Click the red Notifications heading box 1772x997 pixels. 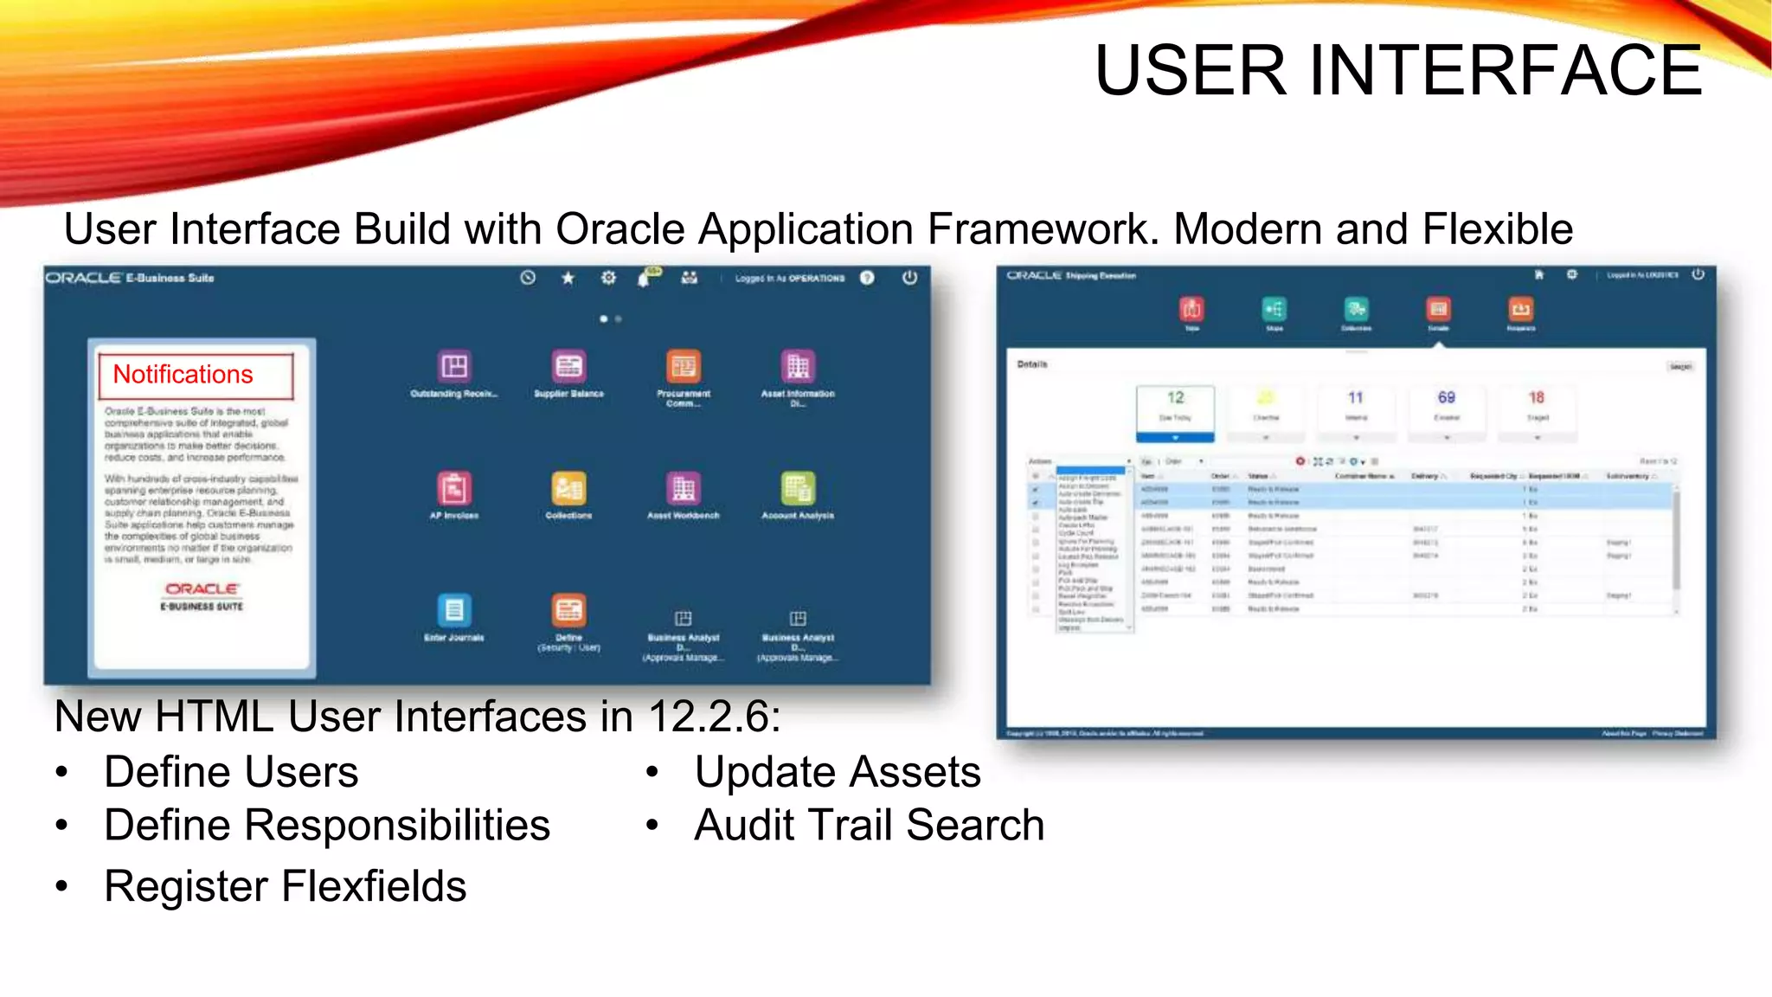(196, 376)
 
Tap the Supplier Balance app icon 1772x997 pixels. (568, 367)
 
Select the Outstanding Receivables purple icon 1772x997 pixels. (454, 367)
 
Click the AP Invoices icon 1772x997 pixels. (454, 489)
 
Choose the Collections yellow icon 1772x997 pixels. (568, 489)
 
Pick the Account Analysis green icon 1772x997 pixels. (798, 489)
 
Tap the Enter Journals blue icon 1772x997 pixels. (454, 611)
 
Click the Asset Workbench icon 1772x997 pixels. (684, 489)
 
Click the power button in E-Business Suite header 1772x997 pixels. (909, 278)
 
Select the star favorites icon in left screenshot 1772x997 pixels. (568, 278)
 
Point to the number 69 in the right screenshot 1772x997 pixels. (1447, 398)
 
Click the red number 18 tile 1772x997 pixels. (1537, 398)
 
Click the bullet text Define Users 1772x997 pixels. (231, 772)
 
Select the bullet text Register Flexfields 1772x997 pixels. (286, 886)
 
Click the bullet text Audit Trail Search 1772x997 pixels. (870, 825)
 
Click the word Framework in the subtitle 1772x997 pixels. (1043, 229)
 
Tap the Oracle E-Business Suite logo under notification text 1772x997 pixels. (202, 596)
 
